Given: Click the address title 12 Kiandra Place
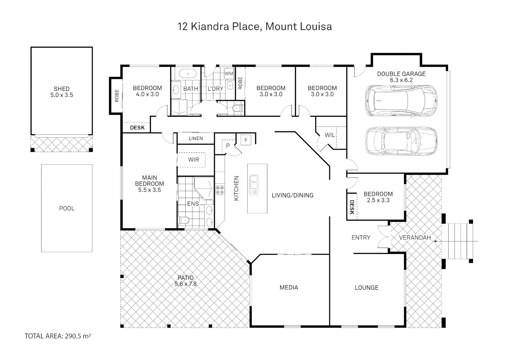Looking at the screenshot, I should click(x=255, y=26).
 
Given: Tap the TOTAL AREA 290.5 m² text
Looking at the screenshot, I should click(x=58, y=336).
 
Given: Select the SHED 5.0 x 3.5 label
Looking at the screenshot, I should click(x=62, y=92).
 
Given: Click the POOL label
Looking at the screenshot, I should click(x=67, y=208).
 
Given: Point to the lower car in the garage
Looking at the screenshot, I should click(x=401, y=141).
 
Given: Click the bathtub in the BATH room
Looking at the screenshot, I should click(x=186, y=73).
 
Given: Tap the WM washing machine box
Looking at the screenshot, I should click(x=229, y=73).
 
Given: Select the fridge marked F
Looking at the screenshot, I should click(x=246, y=140).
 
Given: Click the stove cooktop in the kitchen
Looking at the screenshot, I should click(x=220, y=190).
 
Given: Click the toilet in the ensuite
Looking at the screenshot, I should click(x=184, y=220).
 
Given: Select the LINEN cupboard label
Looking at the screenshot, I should click(x=196, y=138).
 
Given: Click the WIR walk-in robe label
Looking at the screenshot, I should click(x=193, y=160).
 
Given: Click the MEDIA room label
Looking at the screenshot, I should click(x=289, y=287).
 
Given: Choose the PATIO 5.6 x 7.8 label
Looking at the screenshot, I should click(x=186, y=281).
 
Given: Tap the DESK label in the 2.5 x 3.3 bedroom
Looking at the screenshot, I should click(x=352, y=207).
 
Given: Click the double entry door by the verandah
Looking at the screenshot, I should click(x=383, y=237).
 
